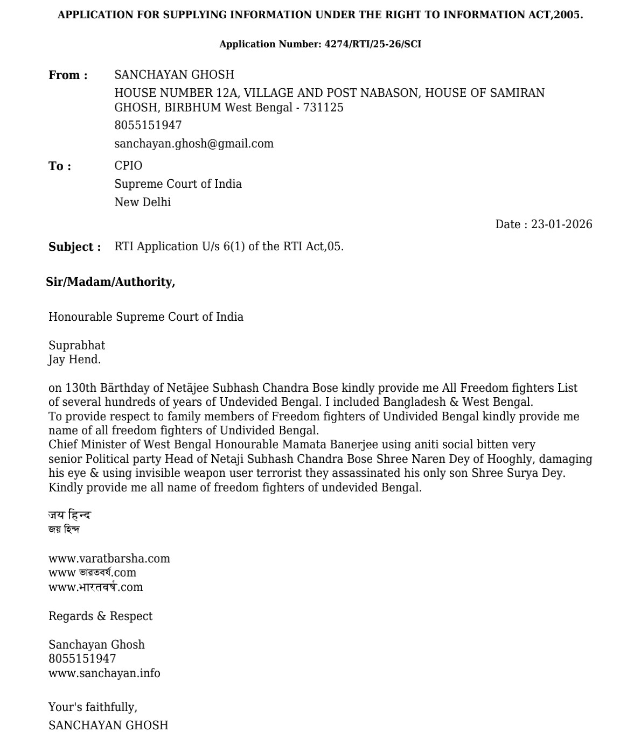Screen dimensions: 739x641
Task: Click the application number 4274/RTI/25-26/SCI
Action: click(373, 44)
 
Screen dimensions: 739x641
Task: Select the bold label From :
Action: click(68, 75)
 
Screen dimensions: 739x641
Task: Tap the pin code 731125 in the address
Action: click(323, 108)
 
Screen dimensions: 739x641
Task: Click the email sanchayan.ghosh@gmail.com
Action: click(194, 144)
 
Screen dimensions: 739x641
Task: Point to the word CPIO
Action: click(128, 166)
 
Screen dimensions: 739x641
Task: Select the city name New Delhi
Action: click(142, 202)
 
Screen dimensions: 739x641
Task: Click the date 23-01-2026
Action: click(561, 224)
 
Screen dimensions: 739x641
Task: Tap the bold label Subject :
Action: click(74, 247)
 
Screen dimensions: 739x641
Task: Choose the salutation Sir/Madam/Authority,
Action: click(110, 282)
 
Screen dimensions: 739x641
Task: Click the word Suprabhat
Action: click(76, 346)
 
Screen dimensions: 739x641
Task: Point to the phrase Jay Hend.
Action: click(74, 360)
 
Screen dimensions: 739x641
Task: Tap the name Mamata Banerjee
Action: click(330, 445)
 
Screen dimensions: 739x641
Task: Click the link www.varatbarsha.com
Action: click(109, 559)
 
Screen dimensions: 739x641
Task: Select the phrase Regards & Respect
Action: click(100, 616)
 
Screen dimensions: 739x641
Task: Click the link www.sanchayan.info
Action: click(104, 673)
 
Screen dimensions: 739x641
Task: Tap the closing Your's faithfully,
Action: click(93, 707)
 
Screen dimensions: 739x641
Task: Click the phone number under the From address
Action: click(148, 125)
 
